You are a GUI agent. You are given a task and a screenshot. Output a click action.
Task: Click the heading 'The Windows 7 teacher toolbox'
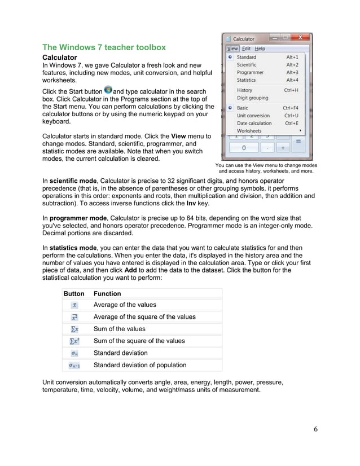[x=104, y=47]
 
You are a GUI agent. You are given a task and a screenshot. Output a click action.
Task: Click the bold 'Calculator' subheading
[x=60, y=58]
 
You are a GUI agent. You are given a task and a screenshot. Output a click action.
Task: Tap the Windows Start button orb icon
[x=108, y=91]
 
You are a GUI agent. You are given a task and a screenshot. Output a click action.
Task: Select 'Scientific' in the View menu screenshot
[x=247, y=65]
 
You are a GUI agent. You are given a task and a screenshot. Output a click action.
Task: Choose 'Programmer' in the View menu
[x=250, y=72]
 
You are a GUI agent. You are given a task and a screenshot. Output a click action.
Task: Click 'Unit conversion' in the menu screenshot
[x=253, y=116]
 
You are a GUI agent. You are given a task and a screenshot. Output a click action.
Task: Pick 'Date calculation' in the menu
[x=254, y=123]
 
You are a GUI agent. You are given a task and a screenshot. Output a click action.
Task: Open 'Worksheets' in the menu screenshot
[x=249, y=131]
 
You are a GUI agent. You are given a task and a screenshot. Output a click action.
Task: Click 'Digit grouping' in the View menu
[x=252, y=98]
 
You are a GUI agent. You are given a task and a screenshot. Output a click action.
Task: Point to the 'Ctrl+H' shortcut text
[x=291, y=90]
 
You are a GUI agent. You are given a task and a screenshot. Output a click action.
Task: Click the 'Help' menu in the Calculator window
[x=260, y=49]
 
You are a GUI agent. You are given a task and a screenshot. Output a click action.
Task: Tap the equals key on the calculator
[x=298, y=141]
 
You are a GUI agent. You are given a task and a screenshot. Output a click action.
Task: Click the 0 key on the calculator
[x=244, y=148]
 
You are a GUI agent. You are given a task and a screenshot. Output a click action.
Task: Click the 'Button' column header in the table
[x=74, y=293]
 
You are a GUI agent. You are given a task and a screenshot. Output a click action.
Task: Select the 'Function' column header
[x=107, y=293]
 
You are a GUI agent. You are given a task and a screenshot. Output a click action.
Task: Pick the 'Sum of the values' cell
[x=119, y=329]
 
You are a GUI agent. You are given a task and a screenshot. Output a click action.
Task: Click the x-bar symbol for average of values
[x=74, y=305]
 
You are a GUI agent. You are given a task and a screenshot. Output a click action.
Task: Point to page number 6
[x=315, y=429]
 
